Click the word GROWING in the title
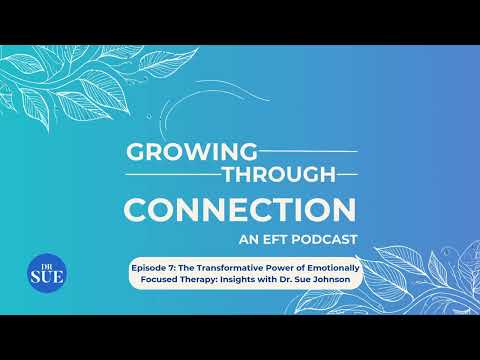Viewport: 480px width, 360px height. pos(192,152)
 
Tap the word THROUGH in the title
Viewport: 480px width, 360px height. pos(279,174)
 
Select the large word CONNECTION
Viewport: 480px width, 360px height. pos(240,210)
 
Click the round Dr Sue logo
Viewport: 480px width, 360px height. pos(47,273)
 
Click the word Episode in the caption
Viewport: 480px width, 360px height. pos(149,268)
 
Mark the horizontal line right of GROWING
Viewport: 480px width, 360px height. pos(308,152)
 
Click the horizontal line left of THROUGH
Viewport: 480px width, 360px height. pos(173,174)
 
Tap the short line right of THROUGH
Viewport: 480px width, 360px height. pos(347,174)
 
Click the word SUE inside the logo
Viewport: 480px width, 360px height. pos(47,276)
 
